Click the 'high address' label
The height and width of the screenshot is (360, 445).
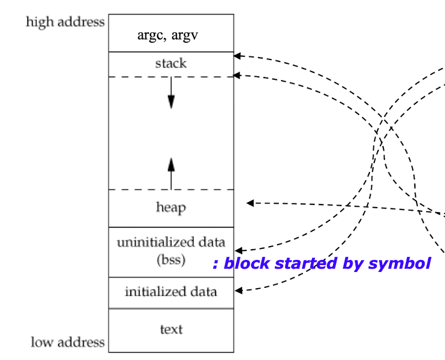click(65, 23)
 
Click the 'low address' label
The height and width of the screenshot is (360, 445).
click(67, 342)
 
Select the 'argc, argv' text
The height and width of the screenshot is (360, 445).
click(171, 36)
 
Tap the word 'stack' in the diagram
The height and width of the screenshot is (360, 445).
click(171, 64)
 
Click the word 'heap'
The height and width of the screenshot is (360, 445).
click(171, 207)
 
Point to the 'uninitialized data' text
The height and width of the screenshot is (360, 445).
click(171, 242)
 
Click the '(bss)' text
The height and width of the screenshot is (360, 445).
click(171, 260)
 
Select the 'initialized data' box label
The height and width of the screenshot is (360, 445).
click(171, 291)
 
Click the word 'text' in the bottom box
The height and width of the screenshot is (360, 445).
click(171, 329)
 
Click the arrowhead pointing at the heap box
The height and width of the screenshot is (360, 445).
click(250, 203)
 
